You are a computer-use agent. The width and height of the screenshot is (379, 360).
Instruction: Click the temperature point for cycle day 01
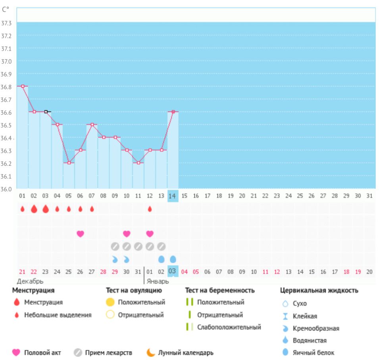pos(23,86)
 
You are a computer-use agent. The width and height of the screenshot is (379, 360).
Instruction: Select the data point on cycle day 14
pos(173,112)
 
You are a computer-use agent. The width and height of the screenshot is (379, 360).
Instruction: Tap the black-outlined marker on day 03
pos(46,112)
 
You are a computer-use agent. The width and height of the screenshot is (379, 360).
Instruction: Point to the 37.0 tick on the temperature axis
pos(7,61)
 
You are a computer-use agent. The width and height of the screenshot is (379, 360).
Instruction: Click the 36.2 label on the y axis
pos(7,163)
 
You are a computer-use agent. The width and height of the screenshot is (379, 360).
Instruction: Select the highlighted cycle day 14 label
pos(173,196)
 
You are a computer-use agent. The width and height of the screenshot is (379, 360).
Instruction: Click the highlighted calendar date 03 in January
pos(173,271)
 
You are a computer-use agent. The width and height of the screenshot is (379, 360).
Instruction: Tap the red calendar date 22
pos(34,272)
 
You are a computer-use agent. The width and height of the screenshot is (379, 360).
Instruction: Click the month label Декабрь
pos(30,281)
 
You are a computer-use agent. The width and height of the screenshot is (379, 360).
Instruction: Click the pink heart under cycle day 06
pos(80,234)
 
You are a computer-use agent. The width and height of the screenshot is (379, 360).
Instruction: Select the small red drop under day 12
pos(150,209)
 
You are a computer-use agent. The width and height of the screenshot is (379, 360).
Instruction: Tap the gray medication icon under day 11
pos(138,247)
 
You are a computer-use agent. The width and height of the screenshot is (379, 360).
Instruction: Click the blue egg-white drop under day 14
pos(173,259)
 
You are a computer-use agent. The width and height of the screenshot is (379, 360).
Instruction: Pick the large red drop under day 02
pos(34,209)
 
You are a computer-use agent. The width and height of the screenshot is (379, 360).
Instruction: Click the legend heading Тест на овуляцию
pos(134,290)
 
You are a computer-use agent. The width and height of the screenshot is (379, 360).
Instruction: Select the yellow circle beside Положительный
pos(110,302)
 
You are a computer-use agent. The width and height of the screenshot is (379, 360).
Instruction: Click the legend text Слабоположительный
pos(229,327)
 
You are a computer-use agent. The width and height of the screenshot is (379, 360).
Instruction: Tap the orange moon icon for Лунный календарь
pos(150,352)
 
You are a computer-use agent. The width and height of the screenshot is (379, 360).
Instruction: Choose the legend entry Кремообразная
pos(316,328)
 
